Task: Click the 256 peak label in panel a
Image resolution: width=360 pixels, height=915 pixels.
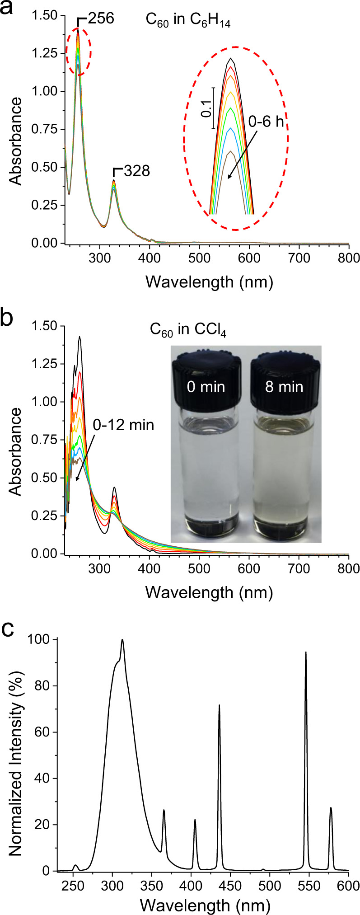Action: pyautogui.click(x=101, y=19)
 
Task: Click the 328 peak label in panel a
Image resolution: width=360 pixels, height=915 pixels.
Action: pyautogui.click(x=136, y=171)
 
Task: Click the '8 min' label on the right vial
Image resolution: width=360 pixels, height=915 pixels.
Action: pyautogui.click(x=284, y=387)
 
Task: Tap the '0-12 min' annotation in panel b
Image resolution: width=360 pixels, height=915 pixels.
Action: pyautogui.click(x=123, y=425)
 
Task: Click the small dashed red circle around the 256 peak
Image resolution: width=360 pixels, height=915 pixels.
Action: pyautogui.click(x=79, y=52)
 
